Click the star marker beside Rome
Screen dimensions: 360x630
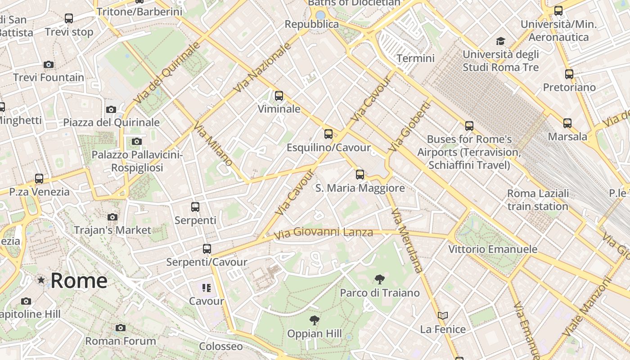[41, 280]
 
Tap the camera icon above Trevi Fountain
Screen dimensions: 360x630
[49, 65]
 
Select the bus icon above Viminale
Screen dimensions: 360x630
[279, 96]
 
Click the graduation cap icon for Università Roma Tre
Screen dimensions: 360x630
[500, 42]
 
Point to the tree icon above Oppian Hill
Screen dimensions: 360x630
[315, 320]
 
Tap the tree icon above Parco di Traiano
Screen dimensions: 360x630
[379, 279]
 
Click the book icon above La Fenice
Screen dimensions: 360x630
[443, 316]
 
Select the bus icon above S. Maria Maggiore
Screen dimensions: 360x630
[360, 175]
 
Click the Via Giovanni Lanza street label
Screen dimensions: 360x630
[323, 233]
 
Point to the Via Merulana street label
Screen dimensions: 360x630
[407, 241]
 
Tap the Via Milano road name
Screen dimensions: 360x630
[213, 144]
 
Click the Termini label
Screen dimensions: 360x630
[415, 58]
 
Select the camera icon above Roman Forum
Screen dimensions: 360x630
[120, 328]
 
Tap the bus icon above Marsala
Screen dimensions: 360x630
[567, 123]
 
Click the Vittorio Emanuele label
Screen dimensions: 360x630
[492, 249]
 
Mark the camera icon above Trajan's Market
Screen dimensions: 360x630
[112, 217]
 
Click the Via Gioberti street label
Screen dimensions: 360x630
[410, 126]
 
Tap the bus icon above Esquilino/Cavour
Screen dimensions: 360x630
[328, 134]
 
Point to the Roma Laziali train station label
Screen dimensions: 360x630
[538, 200]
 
